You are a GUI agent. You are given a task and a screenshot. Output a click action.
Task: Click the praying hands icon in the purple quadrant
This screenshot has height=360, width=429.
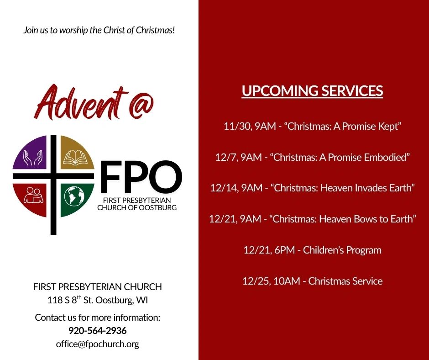33,158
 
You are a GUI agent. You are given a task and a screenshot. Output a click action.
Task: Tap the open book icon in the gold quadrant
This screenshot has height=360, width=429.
75,157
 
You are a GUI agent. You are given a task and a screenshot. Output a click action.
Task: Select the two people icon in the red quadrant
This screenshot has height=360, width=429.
34,195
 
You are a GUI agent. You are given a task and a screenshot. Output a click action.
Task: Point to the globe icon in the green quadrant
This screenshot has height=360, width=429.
74,196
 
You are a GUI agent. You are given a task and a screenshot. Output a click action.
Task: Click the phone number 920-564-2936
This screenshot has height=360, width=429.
97,330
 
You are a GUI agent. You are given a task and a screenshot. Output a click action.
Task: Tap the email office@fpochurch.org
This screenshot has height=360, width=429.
97,344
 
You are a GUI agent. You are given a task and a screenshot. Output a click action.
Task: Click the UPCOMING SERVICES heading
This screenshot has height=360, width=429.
312,90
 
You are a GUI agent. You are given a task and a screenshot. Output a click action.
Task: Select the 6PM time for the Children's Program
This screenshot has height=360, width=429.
284,250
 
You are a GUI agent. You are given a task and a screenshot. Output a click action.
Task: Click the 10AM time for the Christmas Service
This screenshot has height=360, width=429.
287,281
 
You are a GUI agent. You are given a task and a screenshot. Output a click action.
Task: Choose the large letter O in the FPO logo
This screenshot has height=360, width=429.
165,176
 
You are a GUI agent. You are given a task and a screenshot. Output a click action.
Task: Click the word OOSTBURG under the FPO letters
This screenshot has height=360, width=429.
157,208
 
